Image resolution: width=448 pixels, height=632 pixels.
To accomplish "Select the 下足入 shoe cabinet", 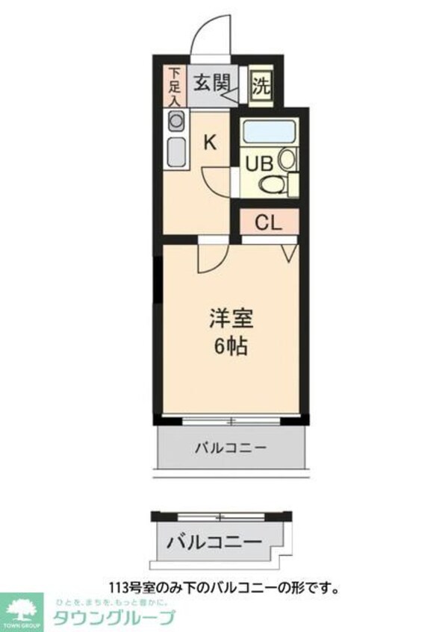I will click(x=174, y=87).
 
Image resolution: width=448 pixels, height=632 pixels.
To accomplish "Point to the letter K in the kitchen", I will click(x=211, y=142).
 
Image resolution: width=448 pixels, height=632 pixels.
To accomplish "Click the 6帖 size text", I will click(x=231, y=346).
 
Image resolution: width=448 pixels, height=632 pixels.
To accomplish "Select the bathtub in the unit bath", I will click(x=270, y=132).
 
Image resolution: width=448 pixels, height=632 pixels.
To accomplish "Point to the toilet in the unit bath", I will click(x=274, y=184).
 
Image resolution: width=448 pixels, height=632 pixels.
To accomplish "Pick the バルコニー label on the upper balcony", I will click(x=231, y=448).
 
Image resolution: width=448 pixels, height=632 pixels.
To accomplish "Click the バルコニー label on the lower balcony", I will click(x=214, y=541).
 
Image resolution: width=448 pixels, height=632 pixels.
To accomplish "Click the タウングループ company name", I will click(x=113, y=617).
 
